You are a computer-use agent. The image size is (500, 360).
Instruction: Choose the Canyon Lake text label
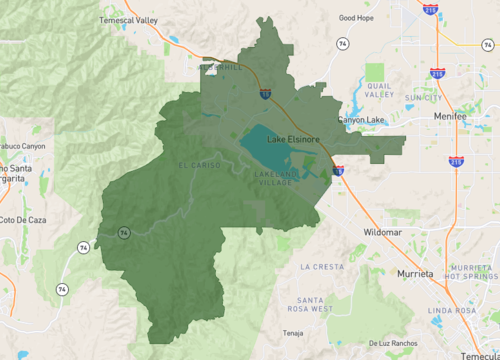click(361, 120)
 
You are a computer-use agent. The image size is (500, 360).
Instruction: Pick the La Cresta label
click(321, 267)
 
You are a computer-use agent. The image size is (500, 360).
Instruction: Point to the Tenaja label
click(292, 333)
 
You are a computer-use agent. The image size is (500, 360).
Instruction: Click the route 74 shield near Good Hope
click(343, 45)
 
